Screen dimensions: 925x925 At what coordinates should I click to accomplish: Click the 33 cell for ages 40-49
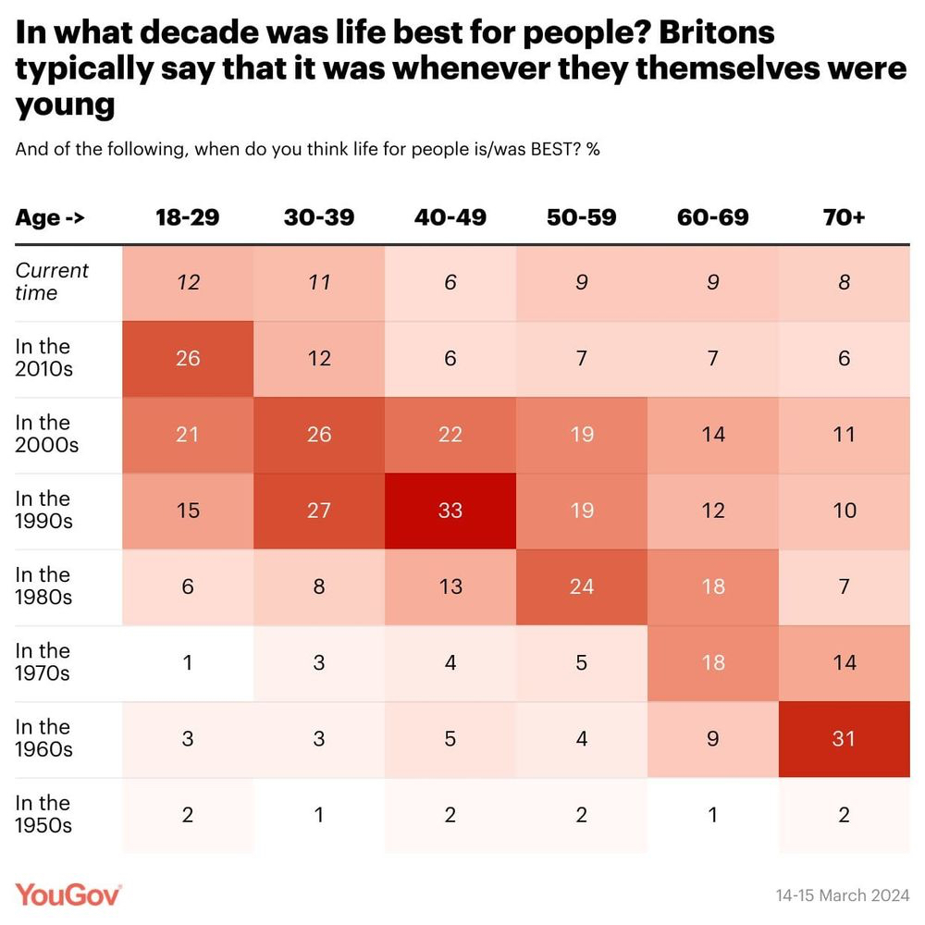(450, 511)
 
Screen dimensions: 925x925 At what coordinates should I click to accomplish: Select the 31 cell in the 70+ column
(844, 739)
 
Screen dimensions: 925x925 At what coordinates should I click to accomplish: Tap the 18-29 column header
(188, 218)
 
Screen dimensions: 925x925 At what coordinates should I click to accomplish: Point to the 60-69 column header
(712, 218)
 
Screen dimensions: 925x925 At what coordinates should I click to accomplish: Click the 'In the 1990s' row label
(43, 510)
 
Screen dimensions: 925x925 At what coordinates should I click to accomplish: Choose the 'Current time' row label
(52, 281)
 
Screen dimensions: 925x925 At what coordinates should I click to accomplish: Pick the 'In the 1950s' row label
(43, 814)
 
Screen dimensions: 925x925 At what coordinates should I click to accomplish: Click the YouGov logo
(68, 895)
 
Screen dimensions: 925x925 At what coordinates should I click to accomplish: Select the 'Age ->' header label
(50, 218)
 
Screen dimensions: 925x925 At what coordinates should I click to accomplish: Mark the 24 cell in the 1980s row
(582, 586)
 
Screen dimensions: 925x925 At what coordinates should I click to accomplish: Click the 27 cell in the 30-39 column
(319, 511)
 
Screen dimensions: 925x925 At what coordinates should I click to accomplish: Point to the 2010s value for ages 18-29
(188, 358)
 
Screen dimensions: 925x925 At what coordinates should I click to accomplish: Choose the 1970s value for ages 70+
(844, 663)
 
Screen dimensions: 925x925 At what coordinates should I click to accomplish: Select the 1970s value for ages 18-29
(188, 663)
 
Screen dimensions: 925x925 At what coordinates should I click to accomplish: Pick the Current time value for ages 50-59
(582, 282)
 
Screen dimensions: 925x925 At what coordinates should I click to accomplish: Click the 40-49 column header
(450, 218)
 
